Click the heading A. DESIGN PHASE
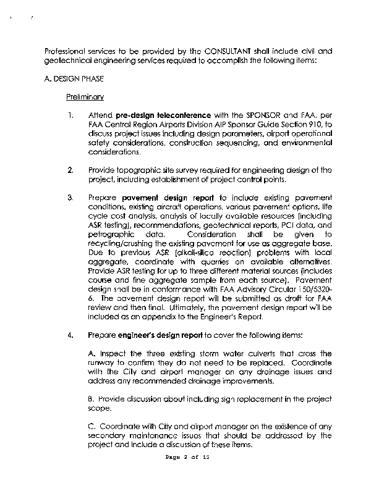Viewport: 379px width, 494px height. pyautogui.click(x=74, y=79)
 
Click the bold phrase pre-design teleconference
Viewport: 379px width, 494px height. pyautogui.click(x=153, y=115)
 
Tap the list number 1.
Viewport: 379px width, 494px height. pyautogui.click(x=72, y=115)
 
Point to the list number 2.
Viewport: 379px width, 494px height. pyautogui.click(x=71, y=169)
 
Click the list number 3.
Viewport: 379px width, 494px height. pyautogui.click(x=71, y=197)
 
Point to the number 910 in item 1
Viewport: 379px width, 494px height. pyautogui.click(x=315, y=124)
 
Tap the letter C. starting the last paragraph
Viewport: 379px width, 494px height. pyautogui.click(x=92, y=425)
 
